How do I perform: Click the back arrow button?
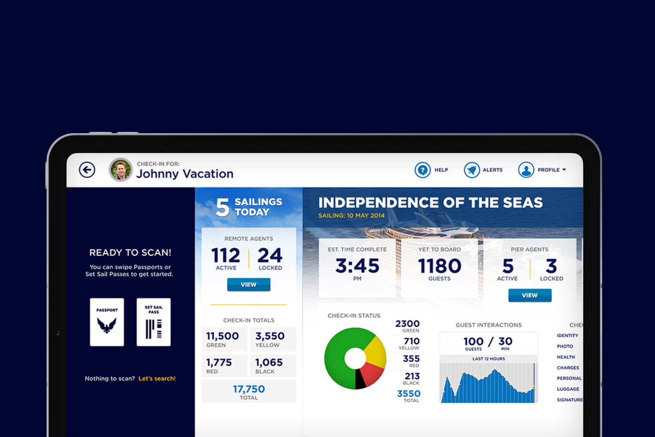coord(87,170)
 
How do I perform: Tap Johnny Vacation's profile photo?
coord(121,170)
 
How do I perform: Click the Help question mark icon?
coord(422,170)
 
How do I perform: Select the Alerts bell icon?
coord(472,170)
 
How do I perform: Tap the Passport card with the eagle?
coord(107,322)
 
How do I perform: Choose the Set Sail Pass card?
coord(154,322)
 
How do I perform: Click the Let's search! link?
coord(157,379)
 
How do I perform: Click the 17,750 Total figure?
coord(249,389)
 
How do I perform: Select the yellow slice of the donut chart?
coord(375,350)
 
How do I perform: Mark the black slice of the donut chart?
coord(360,380)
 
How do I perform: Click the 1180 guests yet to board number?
coord(439,266)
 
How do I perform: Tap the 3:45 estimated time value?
coord(357,266)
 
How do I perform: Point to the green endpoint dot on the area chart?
coord(534,387)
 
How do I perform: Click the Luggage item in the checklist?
coord(568,389)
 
